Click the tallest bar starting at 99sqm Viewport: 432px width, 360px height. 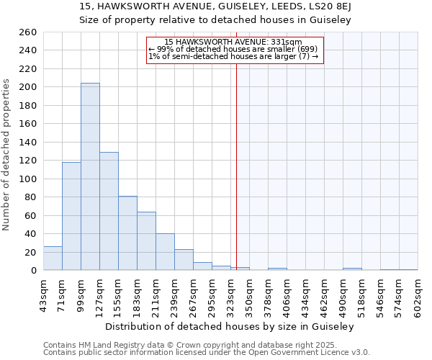pyautogui.click(x=90, y=176)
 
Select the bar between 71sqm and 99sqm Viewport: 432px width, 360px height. pyautogui.click(x=71, y=216)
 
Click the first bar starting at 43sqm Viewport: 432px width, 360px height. pyautogui.click(x=53, y=258)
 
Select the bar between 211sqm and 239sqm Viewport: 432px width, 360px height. pyautogui.click(x=165, y=252)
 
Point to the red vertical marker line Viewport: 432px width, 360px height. pyautogui.click(x=236, y=166)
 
